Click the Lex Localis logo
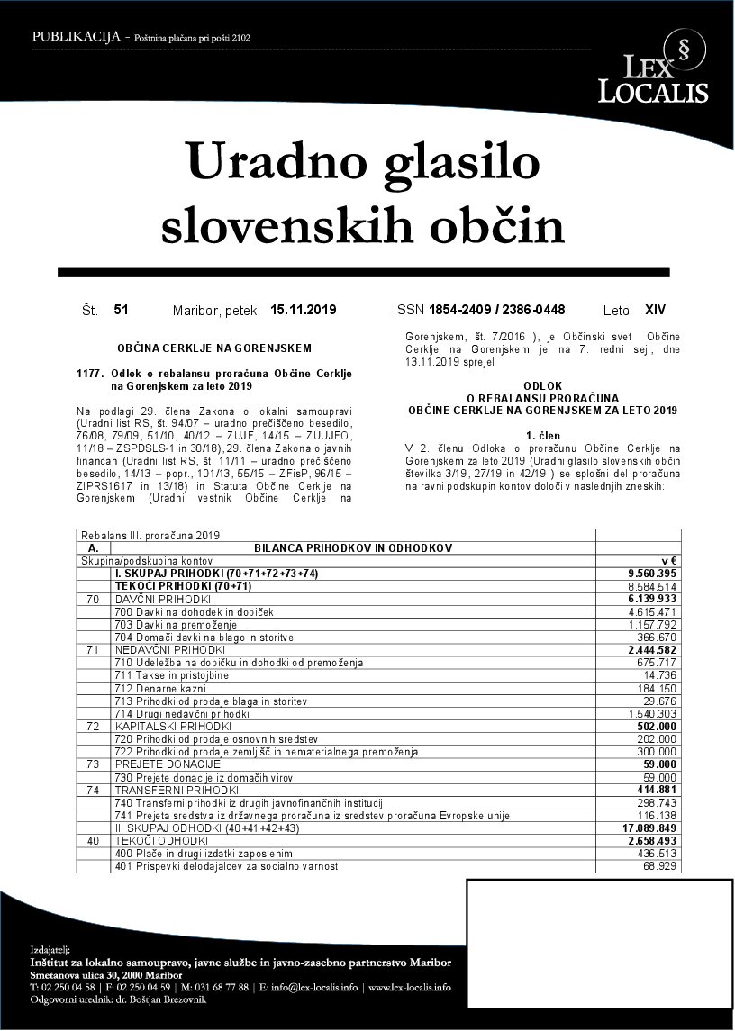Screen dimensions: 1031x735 click(x=653, y=68)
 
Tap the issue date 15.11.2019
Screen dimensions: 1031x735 click(x=303, y=310)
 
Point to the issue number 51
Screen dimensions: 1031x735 click(x=122, y=310)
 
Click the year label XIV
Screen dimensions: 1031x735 click(x=656, y=310)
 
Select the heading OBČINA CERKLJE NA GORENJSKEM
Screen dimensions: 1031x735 click(x=214, y=348)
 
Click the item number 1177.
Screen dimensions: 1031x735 click(x=92, y=373)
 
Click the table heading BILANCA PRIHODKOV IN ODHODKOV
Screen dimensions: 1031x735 click(x=353, y=547)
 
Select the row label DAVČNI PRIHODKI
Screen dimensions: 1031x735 click(x=163, y=599)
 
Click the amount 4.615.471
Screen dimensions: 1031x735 click(x=650, y=611)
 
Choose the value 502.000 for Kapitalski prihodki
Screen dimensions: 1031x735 click(x=656, y=726)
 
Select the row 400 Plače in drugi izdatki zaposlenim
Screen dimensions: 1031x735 click(x=204, y=853)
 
